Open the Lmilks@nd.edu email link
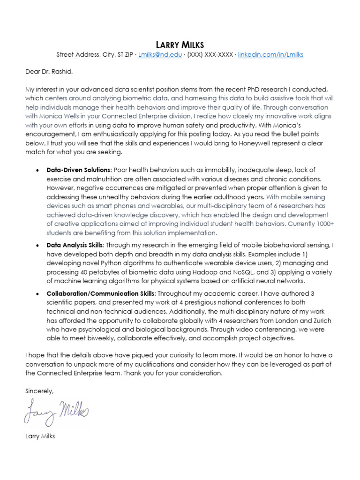pyautogui.click(x=160, y=55)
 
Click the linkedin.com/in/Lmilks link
pyautogui.click(x=270, y=55)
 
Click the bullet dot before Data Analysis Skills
pyautogui.click(x=37, y=245)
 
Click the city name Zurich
pyautogui.click(x=320, y=320)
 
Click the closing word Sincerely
pyautogui.click(x=40, y=390)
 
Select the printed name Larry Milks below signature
pyautogui.click(x=40, y=436)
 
